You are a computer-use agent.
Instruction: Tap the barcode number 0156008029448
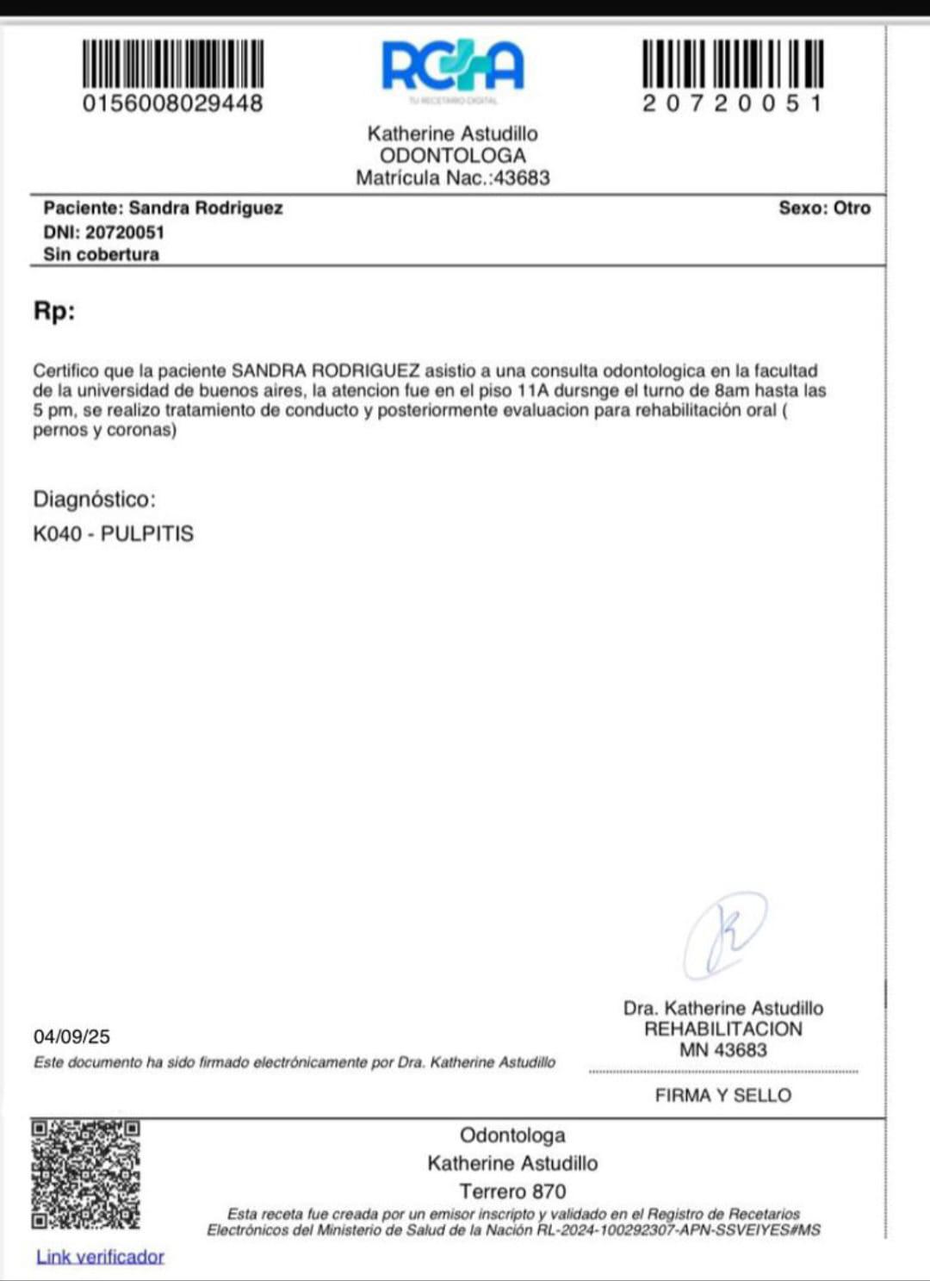172,103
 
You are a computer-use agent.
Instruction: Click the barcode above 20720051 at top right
733,63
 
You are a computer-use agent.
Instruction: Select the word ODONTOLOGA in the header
453,156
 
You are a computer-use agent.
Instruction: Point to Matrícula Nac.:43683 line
453,178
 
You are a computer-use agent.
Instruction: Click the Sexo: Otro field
824,208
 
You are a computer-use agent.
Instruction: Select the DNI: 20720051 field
103,233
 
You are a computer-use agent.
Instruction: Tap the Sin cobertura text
101,255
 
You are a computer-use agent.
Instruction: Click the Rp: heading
54,311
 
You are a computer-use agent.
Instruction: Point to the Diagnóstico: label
95,500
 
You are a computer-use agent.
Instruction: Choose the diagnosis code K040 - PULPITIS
113,534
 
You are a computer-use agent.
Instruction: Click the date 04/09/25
71,1036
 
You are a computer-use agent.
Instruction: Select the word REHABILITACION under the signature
723,1029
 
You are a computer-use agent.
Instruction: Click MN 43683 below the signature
723,1050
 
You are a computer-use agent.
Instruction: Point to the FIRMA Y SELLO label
723,1096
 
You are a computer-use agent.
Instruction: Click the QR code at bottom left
85,1174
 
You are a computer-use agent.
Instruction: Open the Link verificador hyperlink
100,1257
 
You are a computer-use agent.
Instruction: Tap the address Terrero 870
512,1191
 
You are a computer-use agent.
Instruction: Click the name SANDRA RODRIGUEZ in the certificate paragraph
325,371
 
